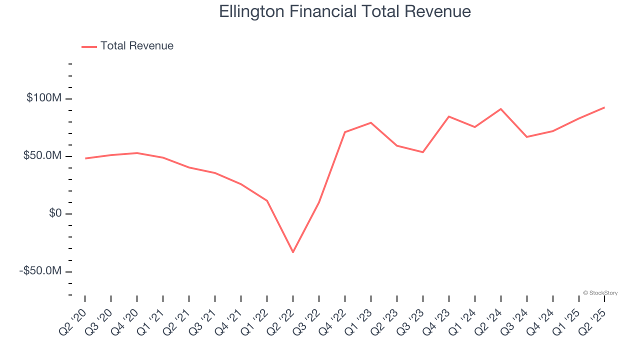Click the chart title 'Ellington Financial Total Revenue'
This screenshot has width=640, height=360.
point(345,11)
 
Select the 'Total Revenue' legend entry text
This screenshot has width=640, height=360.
point(136,46)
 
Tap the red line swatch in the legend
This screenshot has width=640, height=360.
point(89,46)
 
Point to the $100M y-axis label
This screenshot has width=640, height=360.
point(44,98)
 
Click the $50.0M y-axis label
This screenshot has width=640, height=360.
point(42,156)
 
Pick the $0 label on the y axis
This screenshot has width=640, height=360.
point(55,213)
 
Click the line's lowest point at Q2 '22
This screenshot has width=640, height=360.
point(293,252)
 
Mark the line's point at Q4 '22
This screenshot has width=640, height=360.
point(345,132)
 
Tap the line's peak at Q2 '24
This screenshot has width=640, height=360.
point(501,109)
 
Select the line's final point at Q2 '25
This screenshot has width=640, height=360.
point(604,107)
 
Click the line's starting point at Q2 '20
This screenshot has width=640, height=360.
point(85,158)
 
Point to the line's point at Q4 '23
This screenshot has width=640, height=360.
point(449,116)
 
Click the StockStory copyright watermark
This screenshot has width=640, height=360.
point(600,293)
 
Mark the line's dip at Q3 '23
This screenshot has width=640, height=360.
point(423,152)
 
